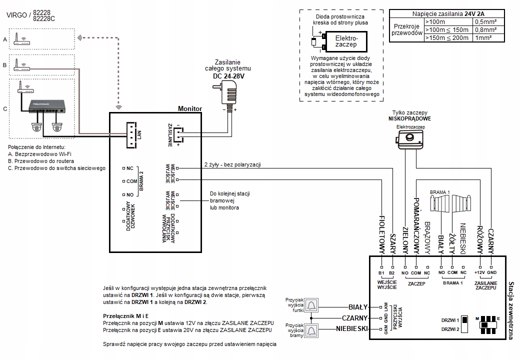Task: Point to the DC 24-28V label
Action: coord(228,76)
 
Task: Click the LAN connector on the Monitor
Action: coord(132,135)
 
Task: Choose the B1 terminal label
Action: coord(381,273)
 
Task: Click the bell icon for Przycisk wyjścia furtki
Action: coord(311,305)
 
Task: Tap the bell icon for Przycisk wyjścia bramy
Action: coord(311,330)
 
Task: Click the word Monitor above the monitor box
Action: coord(190,108)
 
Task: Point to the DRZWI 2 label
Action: coord(450,329)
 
